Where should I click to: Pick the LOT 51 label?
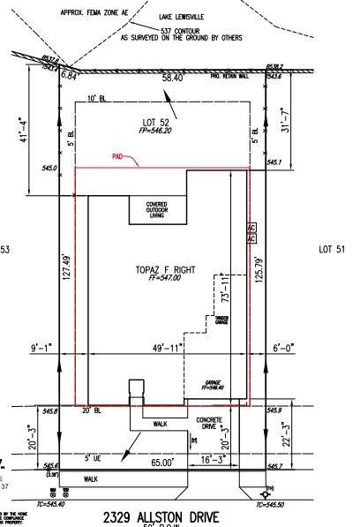(x=332, y=250)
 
